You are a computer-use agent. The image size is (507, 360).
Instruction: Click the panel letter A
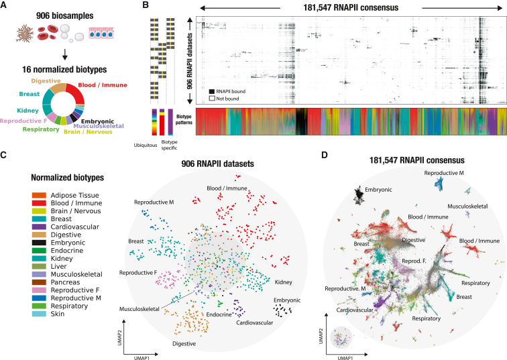point(5,6)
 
